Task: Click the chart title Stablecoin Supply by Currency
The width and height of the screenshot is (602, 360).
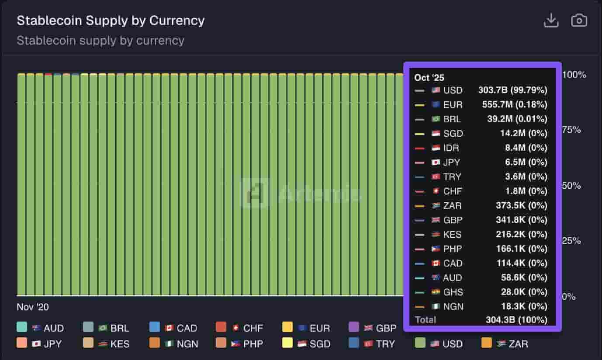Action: (x=111, y=21)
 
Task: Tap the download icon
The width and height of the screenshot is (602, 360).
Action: (x=551, y=21)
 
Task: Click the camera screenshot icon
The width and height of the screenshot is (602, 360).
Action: (x=579, y=21)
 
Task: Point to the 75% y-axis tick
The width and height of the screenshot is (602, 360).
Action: (x=571, y=130)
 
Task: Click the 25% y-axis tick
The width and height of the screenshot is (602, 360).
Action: (x=571, y=241)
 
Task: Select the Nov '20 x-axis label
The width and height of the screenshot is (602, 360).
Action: (x=33, y=307)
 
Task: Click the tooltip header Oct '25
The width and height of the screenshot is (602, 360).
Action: (x=429, y=78)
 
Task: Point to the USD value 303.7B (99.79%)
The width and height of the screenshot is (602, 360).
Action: (x=512, y=90)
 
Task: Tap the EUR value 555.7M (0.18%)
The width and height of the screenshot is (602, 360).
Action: (x=515, y=105)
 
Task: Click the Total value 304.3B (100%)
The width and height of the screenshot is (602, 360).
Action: (x=516, y=320)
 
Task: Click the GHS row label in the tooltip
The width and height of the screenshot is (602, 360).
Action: (x=453, y=292)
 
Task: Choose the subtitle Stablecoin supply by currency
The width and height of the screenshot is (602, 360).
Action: (x=100, y=41)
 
